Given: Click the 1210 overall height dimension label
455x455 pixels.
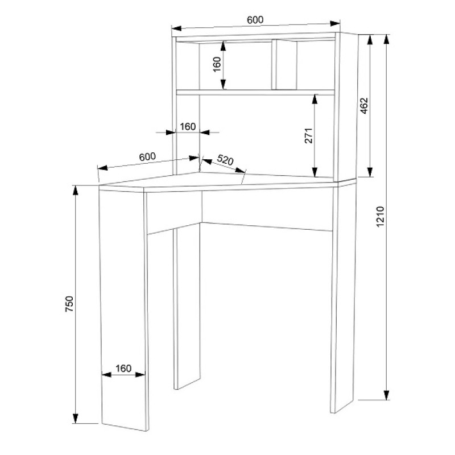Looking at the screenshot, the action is tap(380, 217).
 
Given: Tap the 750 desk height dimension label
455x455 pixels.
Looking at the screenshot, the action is tap(69, 304).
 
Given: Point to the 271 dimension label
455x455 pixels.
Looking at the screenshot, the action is tap(308, 135).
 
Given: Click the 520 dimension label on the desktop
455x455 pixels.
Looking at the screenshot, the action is tap(225, 160).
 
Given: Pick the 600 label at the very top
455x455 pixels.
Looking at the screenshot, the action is tap(255, 20).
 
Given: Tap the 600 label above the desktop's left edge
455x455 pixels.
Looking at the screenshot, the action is tap(147, 157).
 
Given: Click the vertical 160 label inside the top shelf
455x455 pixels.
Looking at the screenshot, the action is tap(217, 64).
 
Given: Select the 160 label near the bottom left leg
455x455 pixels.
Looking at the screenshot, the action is tap(123, 368).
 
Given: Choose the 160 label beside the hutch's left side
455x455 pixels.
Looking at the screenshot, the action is tap(188, 126).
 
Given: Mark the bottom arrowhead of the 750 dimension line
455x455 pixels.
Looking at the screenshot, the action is tap(76, 418).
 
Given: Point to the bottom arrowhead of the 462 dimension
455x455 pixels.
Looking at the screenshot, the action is tap(370, 172).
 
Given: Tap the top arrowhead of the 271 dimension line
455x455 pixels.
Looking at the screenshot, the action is tap(315, 99).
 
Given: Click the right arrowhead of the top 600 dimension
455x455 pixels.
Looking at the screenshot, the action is tap(335, 23).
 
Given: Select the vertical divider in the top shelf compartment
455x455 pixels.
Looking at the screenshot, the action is tap(274, 65).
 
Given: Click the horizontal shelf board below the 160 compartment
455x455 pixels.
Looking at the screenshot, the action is tap(255, 93).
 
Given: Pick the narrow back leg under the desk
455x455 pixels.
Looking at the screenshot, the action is tap(187, 306).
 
